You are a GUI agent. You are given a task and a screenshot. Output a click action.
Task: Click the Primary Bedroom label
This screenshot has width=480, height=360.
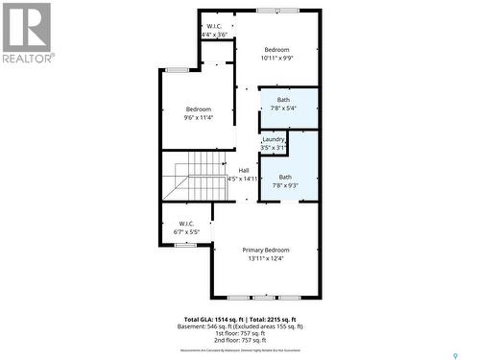pos(264,249)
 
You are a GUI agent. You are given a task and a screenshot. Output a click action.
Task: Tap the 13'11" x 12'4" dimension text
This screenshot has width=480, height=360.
pos(264,257)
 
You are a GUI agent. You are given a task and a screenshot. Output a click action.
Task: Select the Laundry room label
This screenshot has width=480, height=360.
pos(273,139)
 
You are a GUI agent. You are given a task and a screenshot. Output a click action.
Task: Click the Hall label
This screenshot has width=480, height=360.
pos(243,171)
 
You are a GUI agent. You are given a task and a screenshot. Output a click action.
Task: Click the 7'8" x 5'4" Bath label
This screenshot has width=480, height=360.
pos(283,100)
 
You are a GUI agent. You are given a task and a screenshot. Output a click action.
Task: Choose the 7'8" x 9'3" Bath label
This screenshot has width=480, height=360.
pos(285,177)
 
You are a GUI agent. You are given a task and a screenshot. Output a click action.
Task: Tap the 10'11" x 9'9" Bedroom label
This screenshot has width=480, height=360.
pos(276,50)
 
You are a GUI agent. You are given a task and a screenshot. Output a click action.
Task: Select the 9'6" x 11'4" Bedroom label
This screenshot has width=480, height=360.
pos(198,109)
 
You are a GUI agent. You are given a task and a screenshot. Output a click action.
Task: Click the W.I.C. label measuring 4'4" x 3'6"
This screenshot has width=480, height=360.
pos(215,26)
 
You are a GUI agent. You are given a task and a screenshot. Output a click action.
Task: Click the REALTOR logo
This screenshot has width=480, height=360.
pos(27,33)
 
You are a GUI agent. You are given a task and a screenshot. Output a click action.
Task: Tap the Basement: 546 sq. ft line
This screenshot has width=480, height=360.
pos(240,326)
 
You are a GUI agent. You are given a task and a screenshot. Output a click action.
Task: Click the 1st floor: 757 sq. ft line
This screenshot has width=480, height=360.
pos(240,333)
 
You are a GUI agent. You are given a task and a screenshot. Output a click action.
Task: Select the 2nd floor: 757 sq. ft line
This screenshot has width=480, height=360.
pos(240,340)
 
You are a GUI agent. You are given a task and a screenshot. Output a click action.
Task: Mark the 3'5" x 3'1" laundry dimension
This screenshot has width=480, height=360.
pos(273,148)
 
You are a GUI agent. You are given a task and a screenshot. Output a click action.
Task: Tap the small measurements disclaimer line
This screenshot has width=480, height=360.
pos(240,352)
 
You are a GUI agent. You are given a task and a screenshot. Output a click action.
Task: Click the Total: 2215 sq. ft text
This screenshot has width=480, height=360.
pos(273,319)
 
